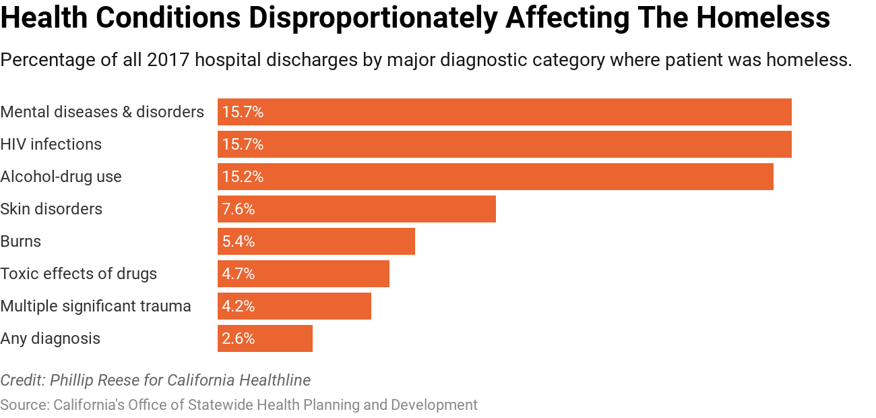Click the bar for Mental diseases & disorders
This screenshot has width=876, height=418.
[x=504, y=112]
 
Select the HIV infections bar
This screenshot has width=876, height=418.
[x=504, y=144]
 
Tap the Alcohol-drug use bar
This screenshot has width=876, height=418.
[x=495, y=177]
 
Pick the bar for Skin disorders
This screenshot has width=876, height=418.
[x=356, y=209]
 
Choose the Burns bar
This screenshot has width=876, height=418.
[x=316, y=241]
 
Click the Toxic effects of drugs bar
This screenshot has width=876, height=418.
[x=303, y=274]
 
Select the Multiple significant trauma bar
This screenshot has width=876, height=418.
[x=294, y=306]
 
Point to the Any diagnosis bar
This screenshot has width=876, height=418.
[x=265, y=338]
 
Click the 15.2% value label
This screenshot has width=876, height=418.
[x=243, y=177]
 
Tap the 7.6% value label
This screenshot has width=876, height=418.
[x=239, y=209]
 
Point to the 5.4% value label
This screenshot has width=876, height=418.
[x=239, y=241]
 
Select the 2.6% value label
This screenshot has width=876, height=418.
[x=239, y=338]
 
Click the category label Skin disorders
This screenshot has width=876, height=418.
[x=51, y=209]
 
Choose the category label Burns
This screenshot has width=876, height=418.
[x=21, y=241]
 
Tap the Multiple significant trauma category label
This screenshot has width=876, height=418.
[x=96, y=306]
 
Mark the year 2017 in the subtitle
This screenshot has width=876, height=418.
[x=167, y=60]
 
